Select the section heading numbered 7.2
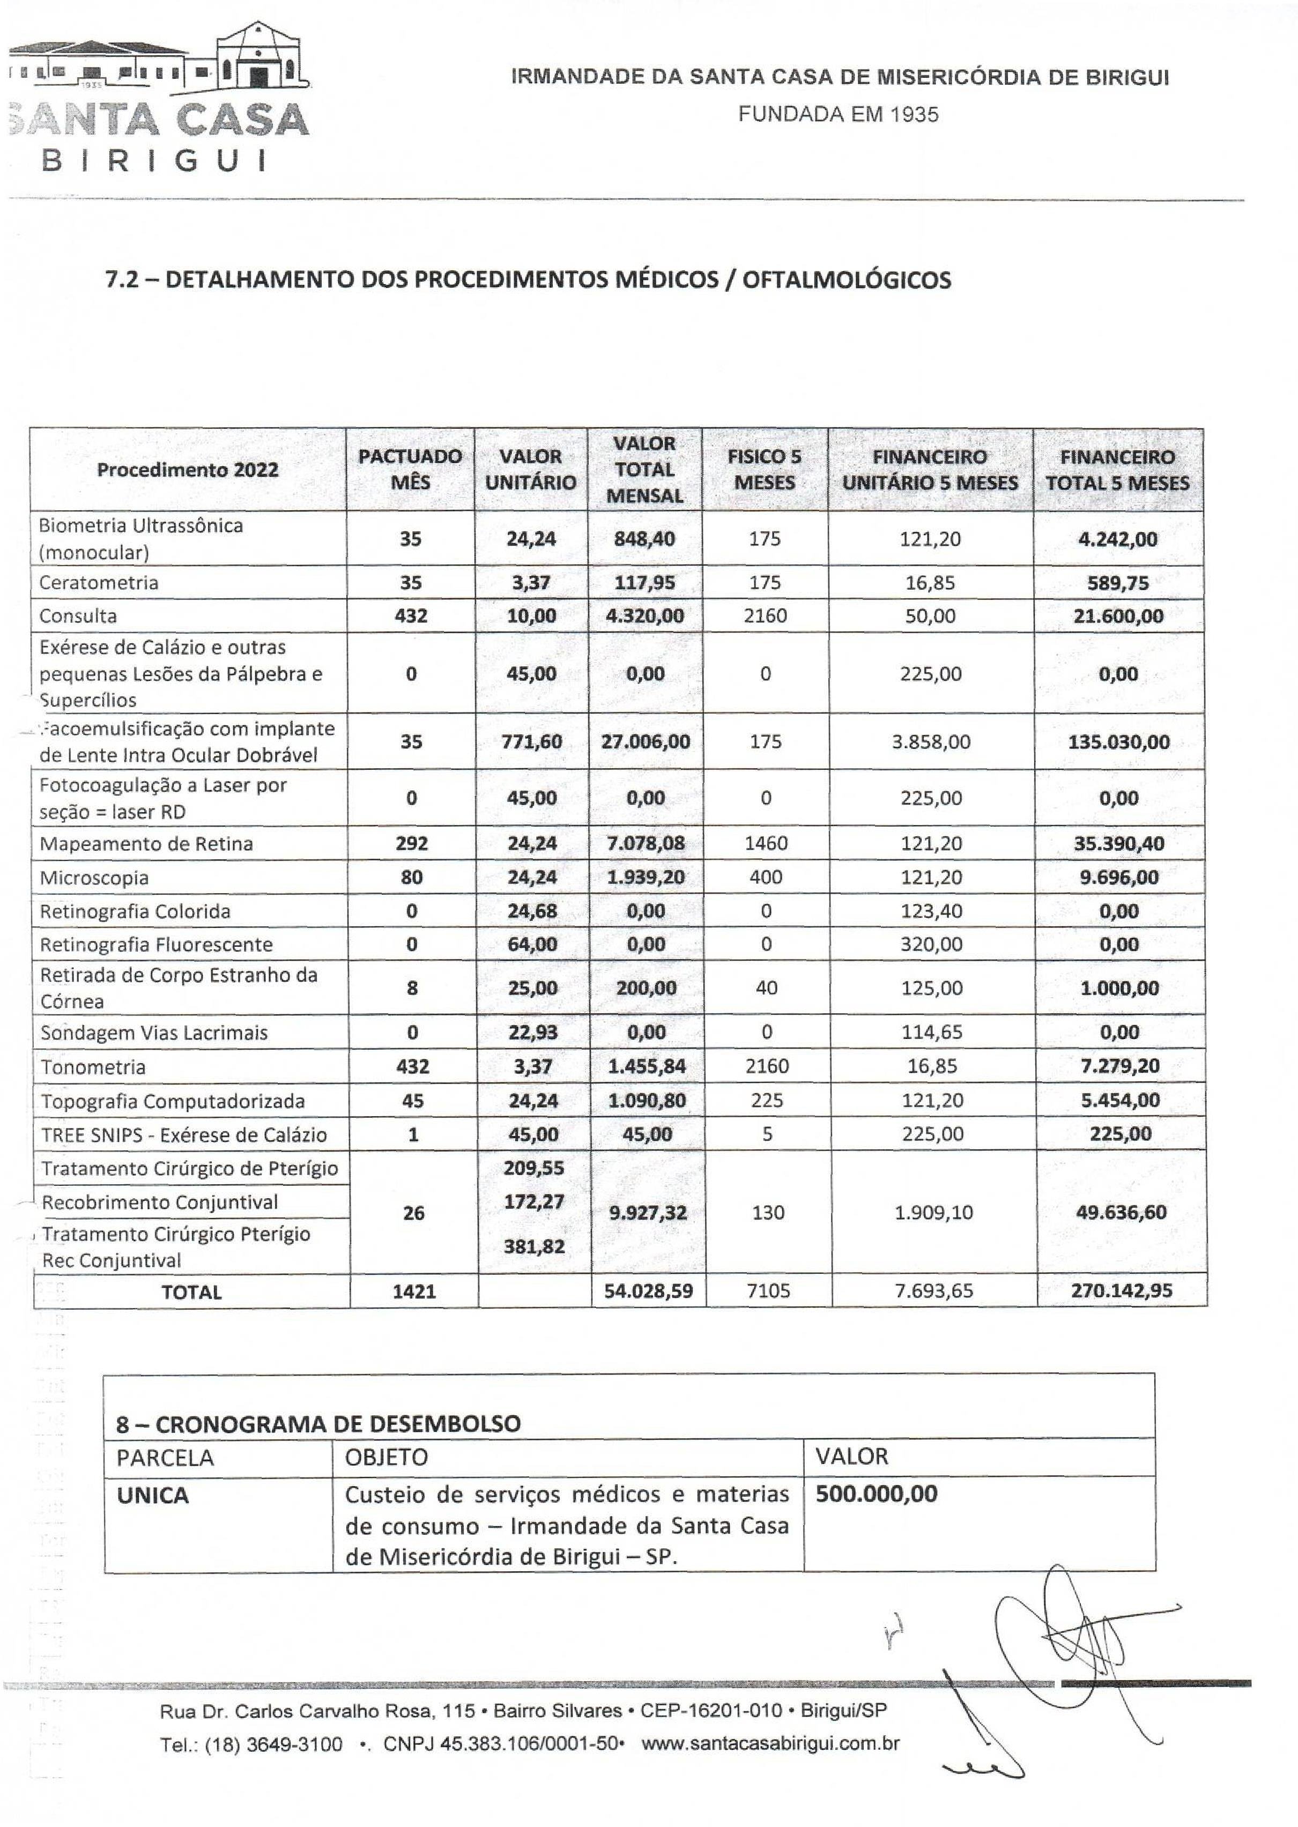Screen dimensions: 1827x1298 [x=528, y=280]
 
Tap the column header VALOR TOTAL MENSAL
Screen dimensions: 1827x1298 [x=645, y=470]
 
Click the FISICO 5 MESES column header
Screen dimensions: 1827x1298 [x=765, y=470]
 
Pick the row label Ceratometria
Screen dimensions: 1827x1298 [x=99, y=583]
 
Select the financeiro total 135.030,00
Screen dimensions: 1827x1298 [x=1118, y=741]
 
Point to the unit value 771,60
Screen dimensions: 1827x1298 [x=531, y=741]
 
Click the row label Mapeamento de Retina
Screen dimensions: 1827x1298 [x=146, y=844]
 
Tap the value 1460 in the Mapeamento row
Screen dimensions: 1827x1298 [x=766, y=843]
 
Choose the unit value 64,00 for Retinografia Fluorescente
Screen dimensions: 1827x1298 [x=531, y=945]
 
